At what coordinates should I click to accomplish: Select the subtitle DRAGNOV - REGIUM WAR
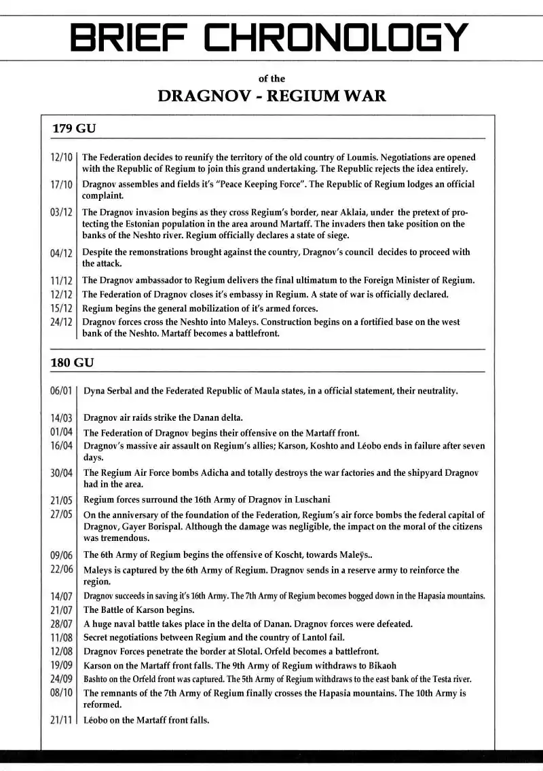point(271,96)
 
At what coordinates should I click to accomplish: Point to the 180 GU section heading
point(72,362)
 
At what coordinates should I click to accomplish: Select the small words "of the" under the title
point(271,79)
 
